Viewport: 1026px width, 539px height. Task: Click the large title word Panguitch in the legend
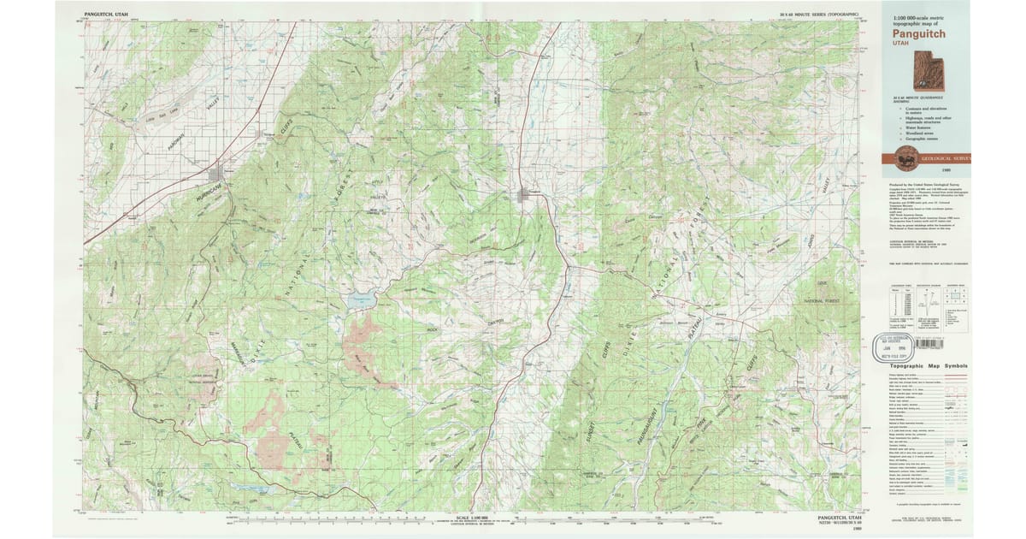pyautogui.click(x=920, y=33)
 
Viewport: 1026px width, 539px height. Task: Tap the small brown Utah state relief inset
pyautogui.click(x=924, y=70)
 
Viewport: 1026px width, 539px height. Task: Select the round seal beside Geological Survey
pyautogui.click(x=907, y=157)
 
